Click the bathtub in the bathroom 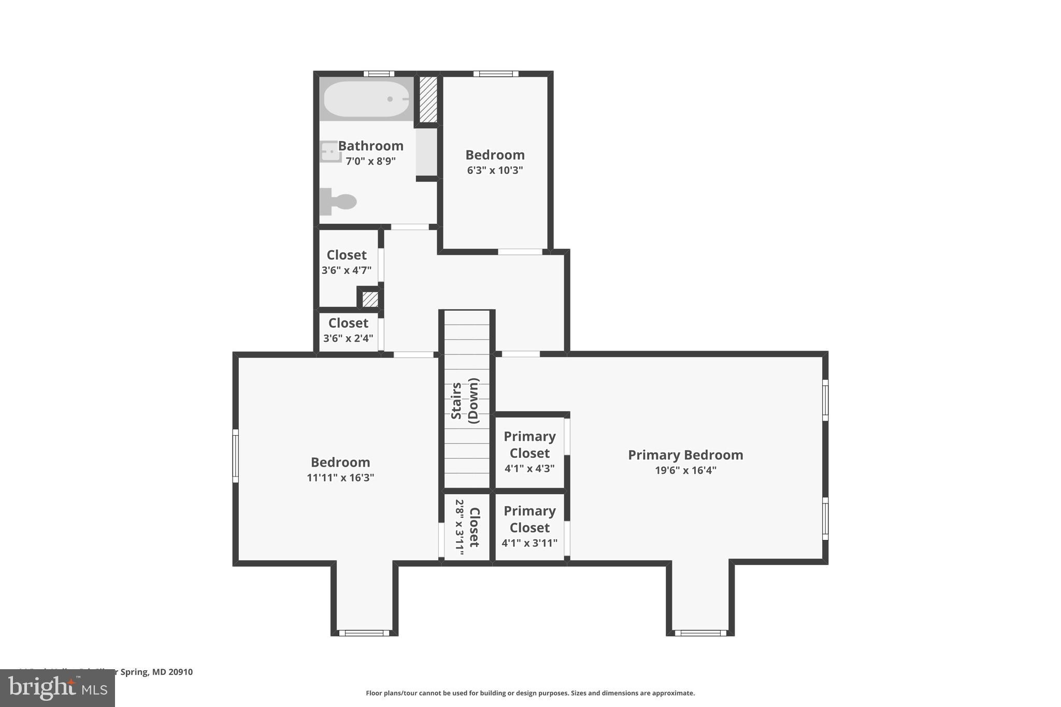click(x=366, y=99)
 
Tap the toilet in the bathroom click(x=339, y=201)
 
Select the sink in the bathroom click(x=329, y=152)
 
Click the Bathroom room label click(x=370, y=146)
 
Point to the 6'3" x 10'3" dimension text click(x=495, y=170)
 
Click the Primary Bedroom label click(x=685, y=455)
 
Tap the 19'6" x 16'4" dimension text click(x=685, y=470)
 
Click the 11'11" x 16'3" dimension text click(x=340, y=478)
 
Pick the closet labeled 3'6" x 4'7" click(x=346, y=262)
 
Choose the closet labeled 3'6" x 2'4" click(x=348, y=330)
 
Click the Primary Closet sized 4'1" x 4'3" click(x=529, y=452)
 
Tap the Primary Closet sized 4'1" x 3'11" click(x=529, y=526)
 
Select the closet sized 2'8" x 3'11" click(x=467, y=527)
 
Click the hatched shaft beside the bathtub click(x=428, y=99)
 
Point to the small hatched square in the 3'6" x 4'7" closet click(x=370, y=299)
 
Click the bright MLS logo click(x=58, y=688)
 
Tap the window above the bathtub click(x=378, y=74)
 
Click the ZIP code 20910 click(x=180, y=672)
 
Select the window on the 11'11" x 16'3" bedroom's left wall click(x=235, y=456)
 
